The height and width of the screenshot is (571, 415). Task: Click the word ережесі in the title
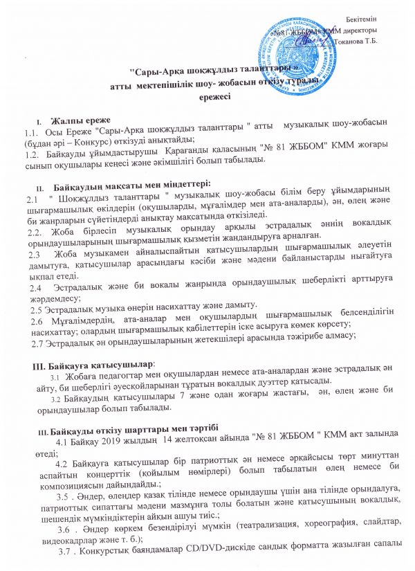(214, 97)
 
